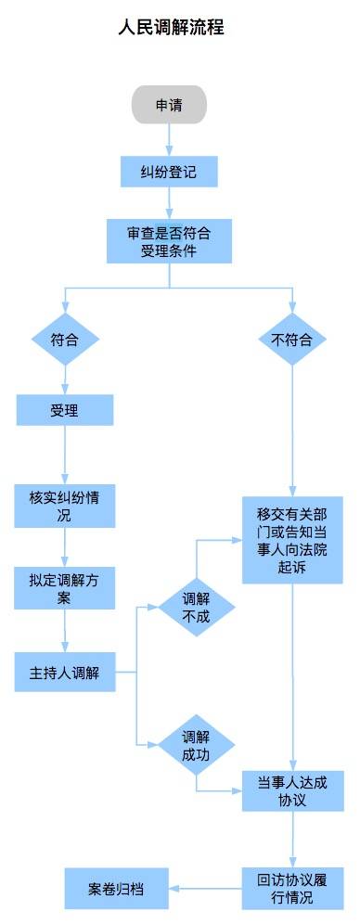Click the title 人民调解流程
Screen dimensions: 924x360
pyautogui.click(x=171, y=29)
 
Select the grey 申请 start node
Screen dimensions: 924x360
pyautogui.click(x=168, y=105)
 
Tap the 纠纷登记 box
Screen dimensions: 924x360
pyautogui.click(x=168, y=171)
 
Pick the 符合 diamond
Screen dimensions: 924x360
pyautogui.click(x=65, y=340)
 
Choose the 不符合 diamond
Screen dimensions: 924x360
pyautogui.click(x=292, y=340)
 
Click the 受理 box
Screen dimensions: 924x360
pyautogui.click(x=65, y=409)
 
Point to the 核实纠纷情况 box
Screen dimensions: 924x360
pyautogui.click(x=65, y=507)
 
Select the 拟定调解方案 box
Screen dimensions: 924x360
pyautogui.click(x=65, y=587)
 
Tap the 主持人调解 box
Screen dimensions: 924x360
pyautogui.click(x=65, y=672)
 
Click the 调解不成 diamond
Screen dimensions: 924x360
pyautogui.click(x=196, y=607)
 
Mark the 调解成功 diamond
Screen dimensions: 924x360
pyautogui.click(x=196, y=744)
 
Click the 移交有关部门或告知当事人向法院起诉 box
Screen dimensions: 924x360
pyautogui.click(x=292, y=539)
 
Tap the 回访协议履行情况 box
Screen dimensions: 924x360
pyautogui.click(x=292, y=888)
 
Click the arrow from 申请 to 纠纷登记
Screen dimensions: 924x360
pyautogui.click(x=168, y=139)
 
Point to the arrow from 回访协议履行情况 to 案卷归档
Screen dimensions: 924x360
pyautogui.click(x=204, y=888)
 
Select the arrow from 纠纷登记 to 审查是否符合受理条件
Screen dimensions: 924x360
pyautogui.click(x=168, y=202)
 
